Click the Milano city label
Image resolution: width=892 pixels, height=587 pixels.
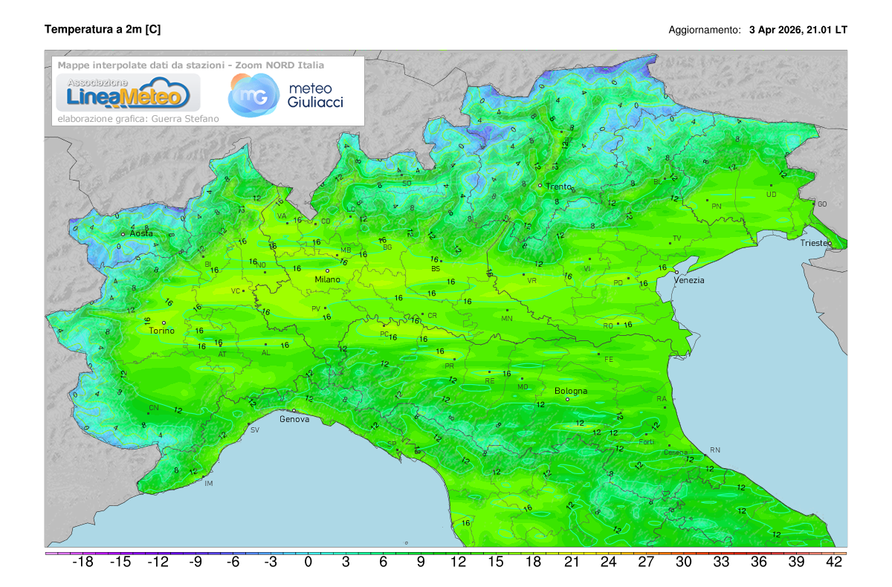pyautogui.click(x=327, y=279)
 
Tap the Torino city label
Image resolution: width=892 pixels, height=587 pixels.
pyautogui.click(x=161, y=331)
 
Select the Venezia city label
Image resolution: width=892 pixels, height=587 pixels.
pyautogui.click(x=689, y=280)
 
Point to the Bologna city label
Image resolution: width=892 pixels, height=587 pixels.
pyautogui.click(x=571, y=391)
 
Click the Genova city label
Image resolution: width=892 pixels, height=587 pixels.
pyautogui.click(x=294, y=419)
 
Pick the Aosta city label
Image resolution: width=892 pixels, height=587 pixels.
pyautogui.click(x=141, y=233)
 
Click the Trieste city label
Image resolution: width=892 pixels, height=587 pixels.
pyautogui.click(x=816, y=244)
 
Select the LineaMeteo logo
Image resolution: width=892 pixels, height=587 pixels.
pyautogui.click(x=123, y=93)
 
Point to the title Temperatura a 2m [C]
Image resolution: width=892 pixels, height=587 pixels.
pyautogui.click(x=103, y=30)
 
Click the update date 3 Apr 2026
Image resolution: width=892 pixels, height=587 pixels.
pyautogui.click(x=775, y=30)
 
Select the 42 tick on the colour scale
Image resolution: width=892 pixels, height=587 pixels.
pyautogui.click(x=834, y=562)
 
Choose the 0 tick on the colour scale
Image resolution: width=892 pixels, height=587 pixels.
pyautogui.click(x=308, y=562)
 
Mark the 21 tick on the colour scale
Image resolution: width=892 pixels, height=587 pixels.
pyautogui.click(x=571, y=562)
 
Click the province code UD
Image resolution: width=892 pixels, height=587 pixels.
pyautogui.click(x=772, y=195)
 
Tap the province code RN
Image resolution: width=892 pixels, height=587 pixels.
pyautogui.click(x=715, y=450)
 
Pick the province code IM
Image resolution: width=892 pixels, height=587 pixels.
pyautogui.click(x=208, y=484)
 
